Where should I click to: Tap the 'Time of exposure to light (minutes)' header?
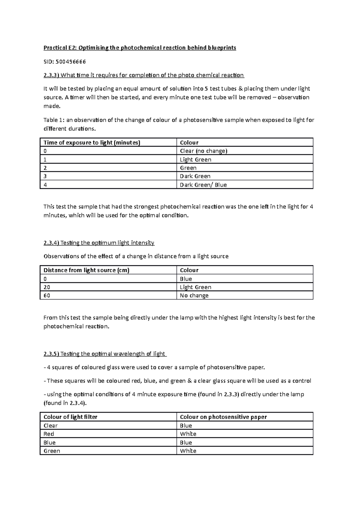[92, 143]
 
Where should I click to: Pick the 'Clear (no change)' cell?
[203, 151]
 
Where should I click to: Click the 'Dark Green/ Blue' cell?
[203, 185]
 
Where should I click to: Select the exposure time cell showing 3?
[45, 176]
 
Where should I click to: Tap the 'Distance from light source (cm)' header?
[86, 270]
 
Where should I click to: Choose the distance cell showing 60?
[47, 296]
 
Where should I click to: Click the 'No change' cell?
[194, 296]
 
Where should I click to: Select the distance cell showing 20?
[47, 287]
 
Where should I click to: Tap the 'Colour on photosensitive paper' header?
[223, 417]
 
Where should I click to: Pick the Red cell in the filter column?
[49, 434]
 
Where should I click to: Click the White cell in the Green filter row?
[188, 451]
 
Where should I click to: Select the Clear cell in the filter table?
[50, 426]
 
